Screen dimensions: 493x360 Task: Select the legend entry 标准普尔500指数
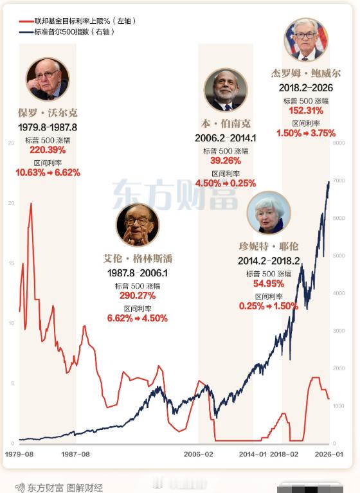tap(67, 31)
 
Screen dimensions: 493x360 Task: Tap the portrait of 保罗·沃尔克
tap(48, 80)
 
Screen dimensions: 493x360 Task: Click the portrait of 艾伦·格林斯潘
tap(138, 225)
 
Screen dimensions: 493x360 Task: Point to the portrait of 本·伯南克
tap(226, 90)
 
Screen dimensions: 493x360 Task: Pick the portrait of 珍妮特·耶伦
tap(269, 212)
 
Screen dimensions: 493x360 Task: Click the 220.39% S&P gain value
tap(48, 150)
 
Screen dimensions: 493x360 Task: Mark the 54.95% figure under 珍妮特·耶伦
tap(269, 283)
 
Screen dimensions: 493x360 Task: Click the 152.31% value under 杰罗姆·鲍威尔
tap(305, 111)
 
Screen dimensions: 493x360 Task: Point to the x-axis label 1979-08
tap(19, 454)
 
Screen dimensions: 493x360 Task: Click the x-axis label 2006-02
tap(198, 454)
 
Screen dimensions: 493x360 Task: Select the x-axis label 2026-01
tap(330, 454)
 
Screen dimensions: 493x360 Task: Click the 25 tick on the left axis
tap(10, 143)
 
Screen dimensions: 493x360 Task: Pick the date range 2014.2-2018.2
tap(269, 262)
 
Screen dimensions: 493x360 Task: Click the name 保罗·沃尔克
tap(48, 113)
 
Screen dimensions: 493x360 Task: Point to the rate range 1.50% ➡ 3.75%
tap(305, 133)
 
